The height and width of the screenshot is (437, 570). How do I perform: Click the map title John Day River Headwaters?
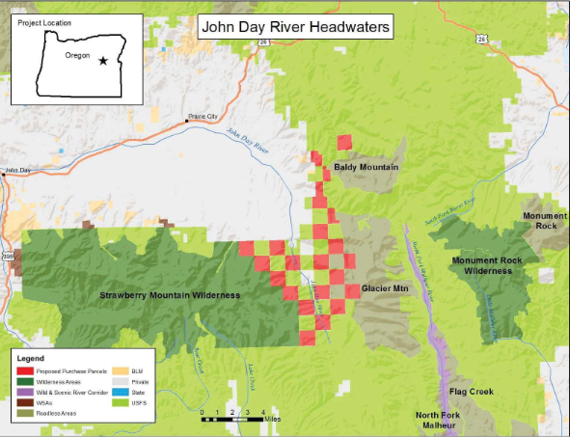[296, 27]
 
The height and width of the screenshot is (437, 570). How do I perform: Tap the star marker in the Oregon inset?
[102, 60]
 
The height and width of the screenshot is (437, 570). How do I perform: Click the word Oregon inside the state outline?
[76, 57]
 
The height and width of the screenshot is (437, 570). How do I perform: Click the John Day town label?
[18, 172]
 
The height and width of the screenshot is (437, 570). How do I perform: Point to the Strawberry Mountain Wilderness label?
[170, 294]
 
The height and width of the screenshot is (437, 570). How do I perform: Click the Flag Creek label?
[471, 392]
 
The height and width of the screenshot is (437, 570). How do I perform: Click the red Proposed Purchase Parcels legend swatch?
[24, 370]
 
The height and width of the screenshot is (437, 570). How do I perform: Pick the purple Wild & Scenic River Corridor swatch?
[24, 392]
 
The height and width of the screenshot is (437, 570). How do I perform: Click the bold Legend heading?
[31, 359]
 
